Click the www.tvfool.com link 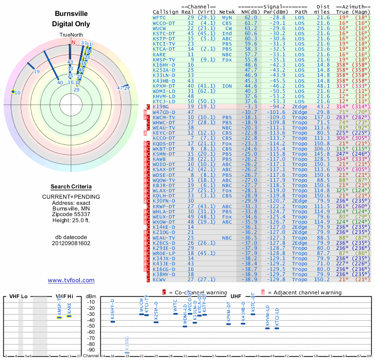[71, 280]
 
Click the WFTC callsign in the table [159, 17]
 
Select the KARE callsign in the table [159, 54]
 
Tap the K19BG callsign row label [161, 107]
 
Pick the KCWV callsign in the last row [160, 279]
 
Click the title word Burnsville [71, 14]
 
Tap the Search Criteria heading [71, 186]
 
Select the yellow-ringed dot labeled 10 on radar [13, 92]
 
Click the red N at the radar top [73, 42]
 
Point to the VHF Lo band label [17, 296]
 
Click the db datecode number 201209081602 [71, 243]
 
